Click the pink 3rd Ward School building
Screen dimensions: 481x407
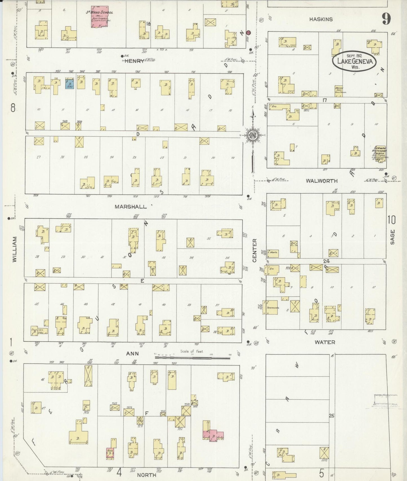[99, 17]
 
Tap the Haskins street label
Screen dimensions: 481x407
[321, 19]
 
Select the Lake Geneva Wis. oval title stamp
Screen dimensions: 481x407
[354, 61]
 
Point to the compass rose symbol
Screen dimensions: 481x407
[253, 136]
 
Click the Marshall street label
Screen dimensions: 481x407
[130, 207]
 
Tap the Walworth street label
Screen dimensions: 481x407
[322, 181]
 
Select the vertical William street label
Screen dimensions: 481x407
[15, 249]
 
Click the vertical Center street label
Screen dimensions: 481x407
[255, 250]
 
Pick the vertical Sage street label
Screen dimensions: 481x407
[393, 237]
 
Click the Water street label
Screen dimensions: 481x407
[325, 342]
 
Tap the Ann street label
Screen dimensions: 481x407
[132, 354]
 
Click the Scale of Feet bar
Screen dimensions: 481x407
[192, 358]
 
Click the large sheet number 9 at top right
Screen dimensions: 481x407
[386, 19]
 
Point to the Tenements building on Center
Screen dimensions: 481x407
[272, 308]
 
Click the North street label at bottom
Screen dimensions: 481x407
[146, 475]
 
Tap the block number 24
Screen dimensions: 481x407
[326, 261]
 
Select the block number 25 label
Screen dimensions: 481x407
[332, 415]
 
